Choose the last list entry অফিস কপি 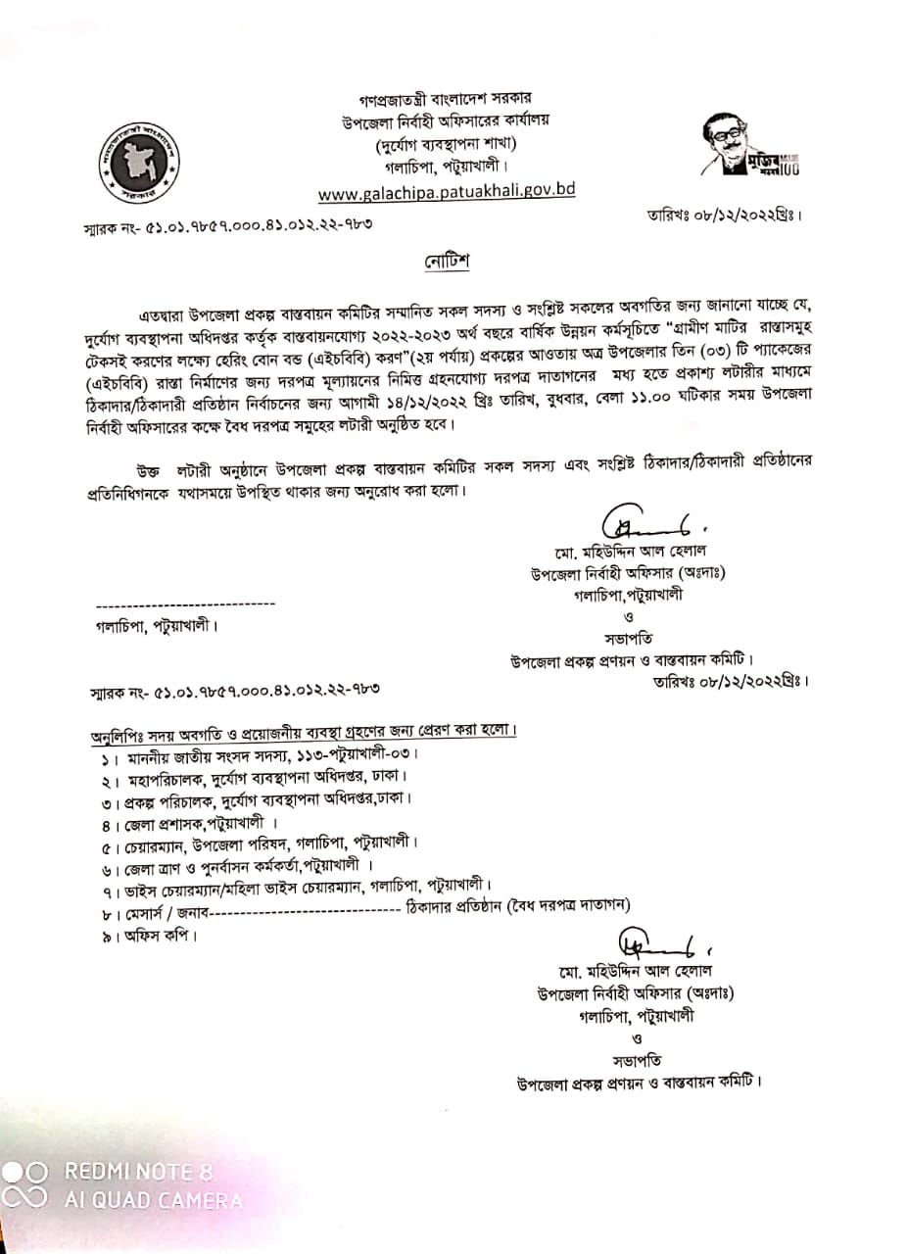tap(158, 935)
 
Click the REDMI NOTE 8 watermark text tap(138, 1172)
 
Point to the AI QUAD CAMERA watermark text tap(154, 1200)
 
